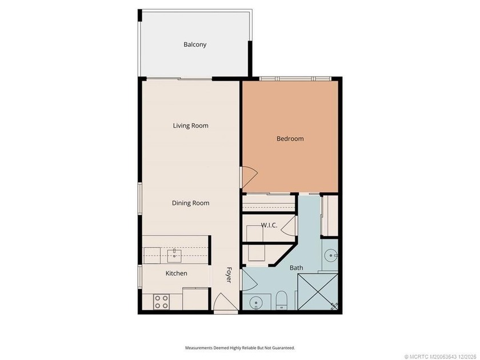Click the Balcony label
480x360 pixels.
point(195,45)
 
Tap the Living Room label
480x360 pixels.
point(190,126)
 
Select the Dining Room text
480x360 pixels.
point(190,203)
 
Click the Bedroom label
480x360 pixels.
point(290,139)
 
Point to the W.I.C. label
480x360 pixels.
point(269,225)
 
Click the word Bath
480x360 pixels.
point(297,268)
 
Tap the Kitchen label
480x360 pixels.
point(177,273)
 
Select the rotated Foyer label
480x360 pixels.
point(229,275)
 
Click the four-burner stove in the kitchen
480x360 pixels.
point(162,302)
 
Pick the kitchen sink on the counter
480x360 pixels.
point(174,256)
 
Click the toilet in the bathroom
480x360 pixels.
point(281,300)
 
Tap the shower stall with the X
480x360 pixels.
point(318,292)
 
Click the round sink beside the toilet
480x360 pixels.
point(255,303)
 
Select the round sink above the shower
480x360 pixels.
point(331,255)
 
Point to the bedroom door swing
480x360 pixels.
point(250,177)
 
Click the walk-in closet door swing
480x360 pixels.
point(289,225)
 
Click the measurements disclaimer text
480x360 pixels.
point(240,348)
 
